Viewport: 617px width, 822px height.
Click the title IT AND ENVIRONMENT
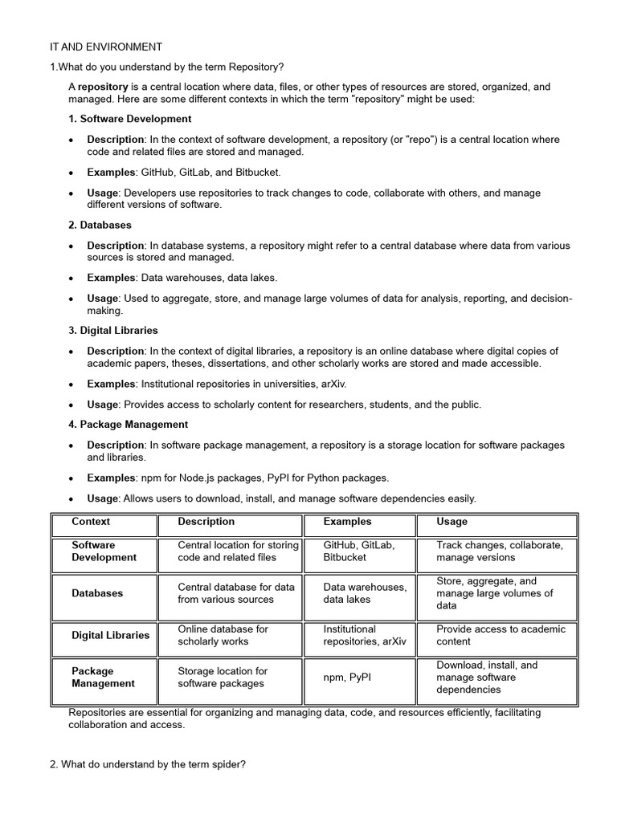[105, 47]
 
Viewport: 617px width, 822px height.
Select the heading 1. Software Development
[129, 119]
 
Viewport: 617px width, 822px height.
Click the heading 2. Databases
[100, 225]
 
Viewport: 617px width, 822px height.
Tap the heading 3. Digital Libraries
[112, 330]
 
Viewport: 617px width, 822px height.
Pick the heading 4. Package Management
[128, 424]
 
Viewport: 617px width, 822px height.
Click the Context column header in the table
[91, 522]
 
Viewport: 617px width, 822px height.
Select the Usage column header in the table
[452, 522]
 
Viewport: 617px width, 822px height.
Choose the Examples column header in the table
[347, 522]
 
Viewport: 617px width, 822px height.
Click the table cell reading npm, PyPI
[347, 678]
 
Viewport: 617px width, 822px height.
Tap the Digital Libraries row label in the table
[110, 635]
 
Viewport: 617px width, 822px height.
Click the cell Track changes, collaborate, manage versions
[500, 551]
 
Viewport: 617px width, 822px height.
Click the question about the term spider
[147, 765]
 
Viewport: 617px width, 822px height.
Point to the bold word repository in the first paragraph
[103, 87]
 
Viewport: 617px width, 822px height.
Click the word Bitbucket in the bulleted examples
[255, 172]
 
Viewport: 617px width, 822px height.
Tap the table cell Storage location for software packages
[223, 678]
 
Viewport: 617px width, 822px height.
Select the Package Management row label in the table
[103, 678]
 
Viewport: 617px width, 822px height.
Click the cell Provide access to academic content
[501, 635]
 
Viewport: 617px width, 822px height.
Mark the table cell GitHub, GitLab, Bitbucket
[358, 551]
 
